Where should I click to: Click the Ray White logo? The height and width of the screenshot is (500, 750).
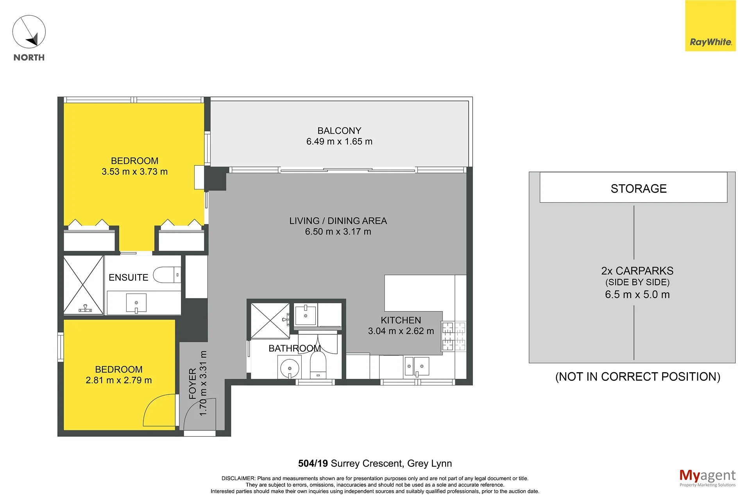click(710, 26)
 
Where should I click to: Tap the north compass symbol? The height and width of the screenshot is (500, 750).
click(29, 32)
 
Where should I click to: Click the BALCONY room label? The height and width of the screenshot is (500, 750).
click(339, 131)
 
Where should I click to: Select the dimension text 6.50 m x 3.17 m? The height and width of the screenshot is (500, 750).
click(338, 231)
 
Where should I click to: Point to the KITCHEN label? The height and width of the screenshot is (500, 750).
click(401, 320)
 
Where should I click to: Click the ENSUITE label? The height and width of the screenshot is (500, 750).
click(128, 277)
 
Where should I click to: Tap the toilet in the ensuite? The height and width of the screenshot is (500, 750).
click(167, 275)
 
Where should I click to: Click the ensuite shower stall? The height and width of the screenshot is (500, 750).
click(83, 285)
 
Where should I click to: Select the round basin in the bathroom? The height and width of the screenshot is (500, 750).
click(290, 368)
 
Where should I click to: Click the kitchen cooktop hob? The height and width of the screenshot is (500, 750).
click(454, 336)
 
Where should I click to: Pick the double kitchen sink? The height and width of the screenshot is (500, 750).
click(417, 367)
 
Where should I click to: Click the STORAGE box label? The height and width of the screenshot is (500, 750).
click(639, 188)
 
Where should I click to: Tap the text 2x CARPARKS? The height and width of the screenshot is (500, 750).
click(637, 271)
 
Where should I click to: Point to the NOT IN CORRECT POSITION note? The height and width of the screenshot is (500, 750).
click(637, 376)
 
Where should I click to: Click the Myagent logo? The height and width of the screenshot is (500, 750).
click(707, 478)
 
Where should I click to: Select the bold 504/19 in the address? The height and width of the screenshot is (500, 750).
click(313, 463)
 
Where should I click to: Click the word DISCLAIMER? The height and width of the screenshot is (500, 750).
click(238, 478)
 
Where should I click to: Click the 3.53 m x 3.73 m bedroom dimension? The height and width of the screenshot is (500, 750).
click(134, 172)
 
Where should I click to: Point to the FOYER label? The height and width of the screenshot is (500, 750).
click(192, 384)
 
